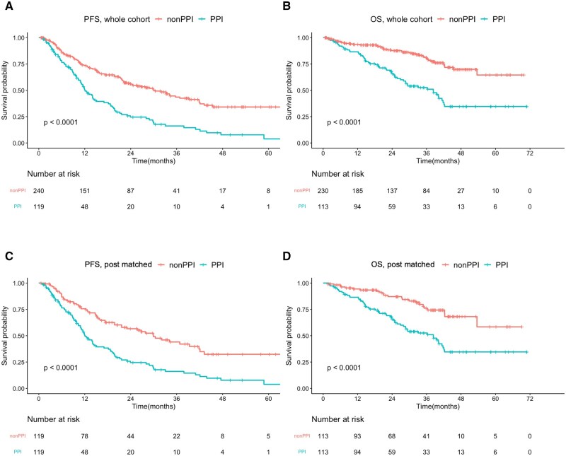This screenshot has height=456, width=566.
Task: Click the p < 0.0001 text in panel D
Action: point(346,368)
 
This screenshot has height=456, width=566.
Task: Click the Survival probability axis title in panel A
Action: point(6,90)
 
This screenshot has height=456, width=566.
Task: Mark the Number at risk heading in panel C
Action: point(57,419)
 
